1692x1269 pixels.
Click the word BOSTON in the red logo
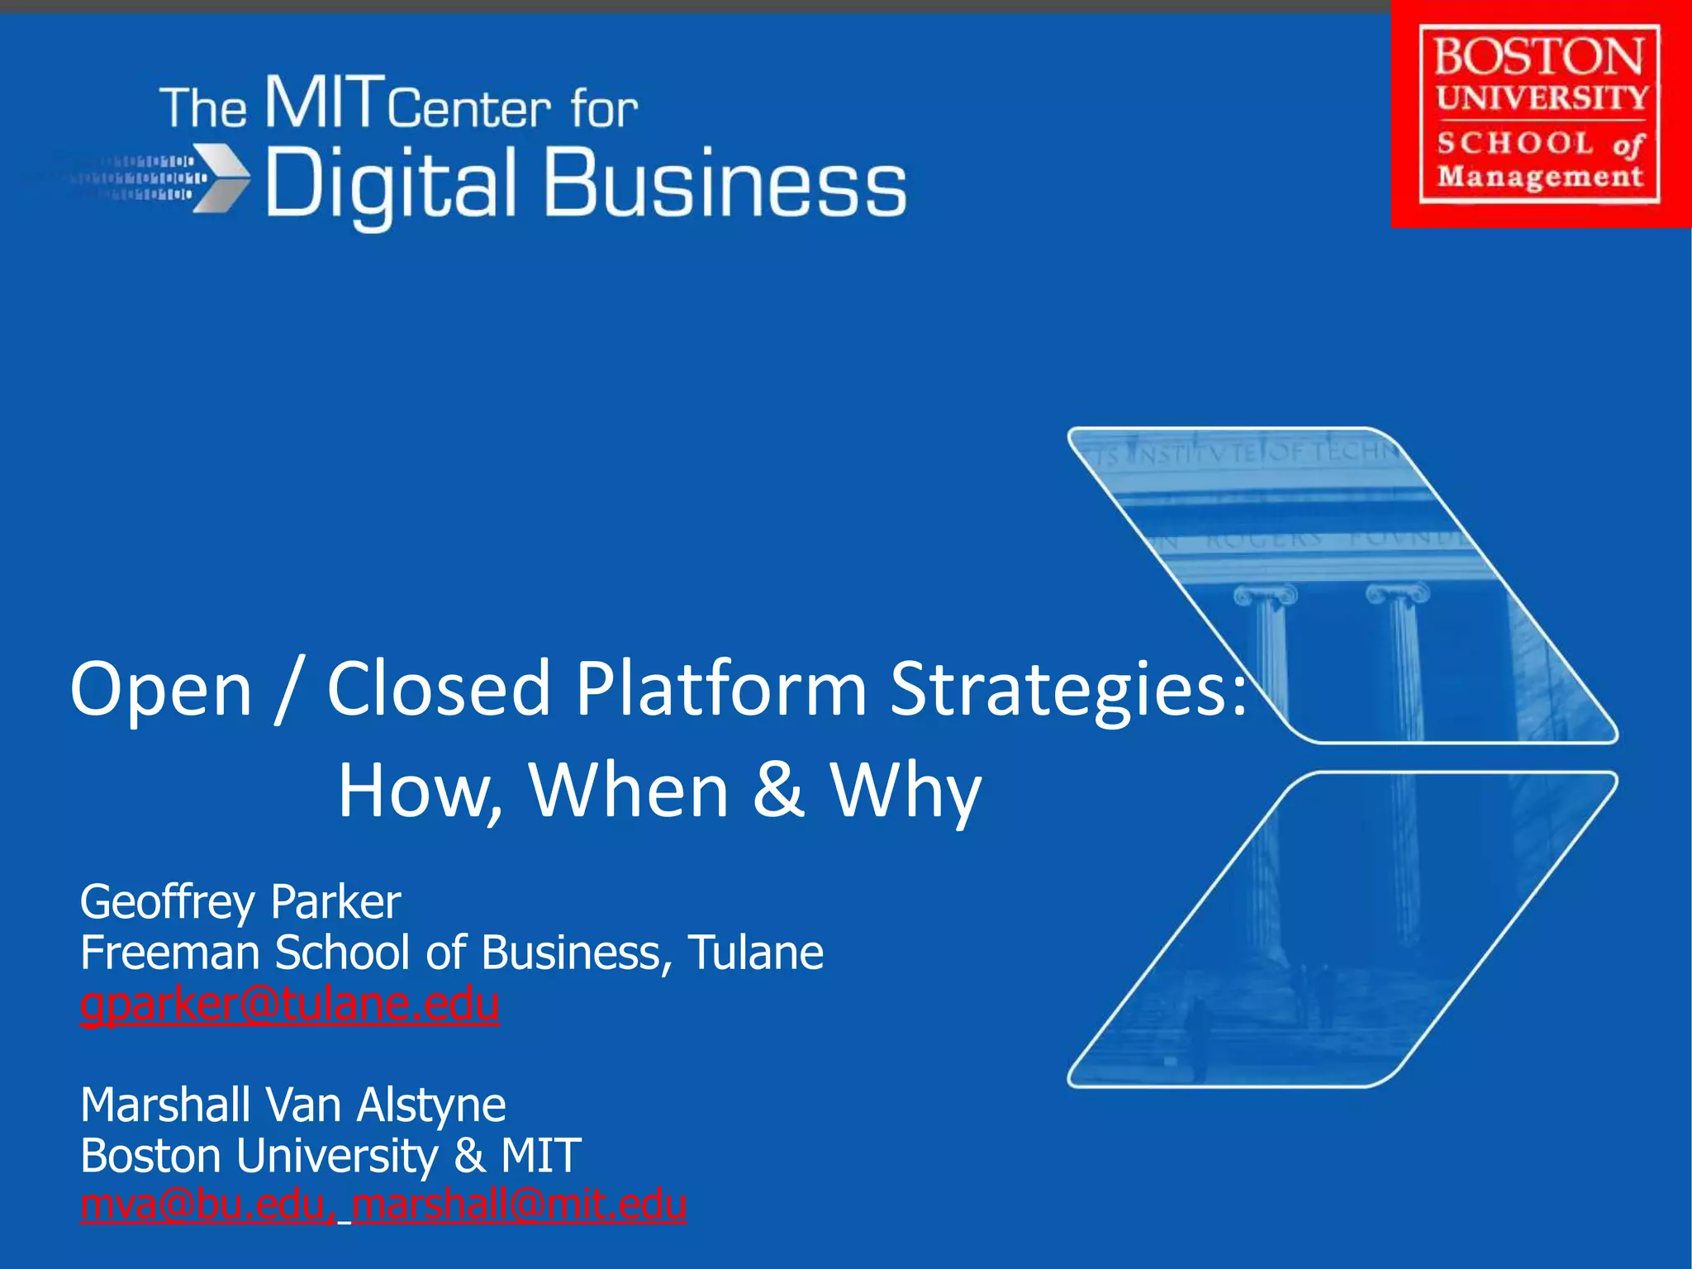click(x=1538, y=57)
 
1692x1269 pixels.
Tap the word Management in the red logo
click(x=1540, y=177)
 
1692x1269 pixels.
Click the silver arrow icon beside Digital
click(x=221, y=178)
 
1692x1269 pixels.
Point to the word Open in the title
click(x=161, y=690)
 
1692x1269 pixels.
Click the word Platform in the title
click(x=720, y=688)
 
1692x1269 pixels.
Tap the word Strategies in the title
click(x=1067, y=690)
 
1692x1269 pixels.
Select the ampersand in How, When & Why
click(x=777, y=789)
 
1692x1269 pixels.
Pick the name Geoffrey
click(x=169, y=902)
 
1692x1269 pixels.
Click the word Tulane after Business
click(x=755, y=953)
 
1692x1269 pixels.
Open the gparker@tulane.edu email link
click(x=289, y=1004)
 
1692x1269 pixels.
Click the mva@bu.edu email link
click(x=207, y=1205)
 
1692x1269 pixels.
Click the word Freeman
click(x=170, y=953)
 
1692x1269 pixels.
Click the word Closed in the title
click(x=438, y=688)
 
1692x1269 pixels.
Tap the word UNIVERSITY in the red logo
click(x=1542, y=98)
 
